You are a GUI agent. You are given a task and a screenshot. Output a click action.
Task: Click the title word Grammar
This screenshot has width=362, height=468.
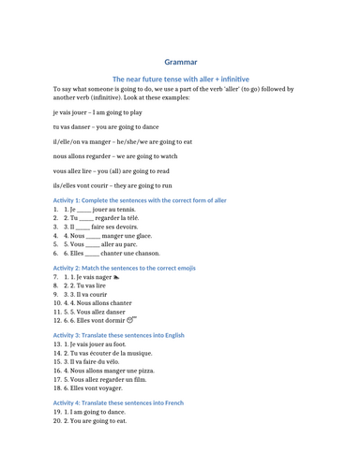point(181,62)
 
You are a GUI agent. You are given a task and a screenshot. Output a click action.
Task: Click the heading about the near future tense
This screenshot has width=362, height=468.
point(181,80)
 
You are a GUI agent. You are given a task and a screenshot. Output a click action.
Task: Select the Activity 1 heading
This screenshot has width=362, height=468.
point(140,200)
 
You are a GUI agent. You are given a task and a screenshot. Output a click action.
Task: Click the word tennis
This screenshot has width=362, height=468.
point(125,211)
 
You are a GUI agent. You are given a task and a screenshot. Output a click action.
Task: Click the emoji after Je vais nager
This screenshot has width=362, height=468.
point(116,278)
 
